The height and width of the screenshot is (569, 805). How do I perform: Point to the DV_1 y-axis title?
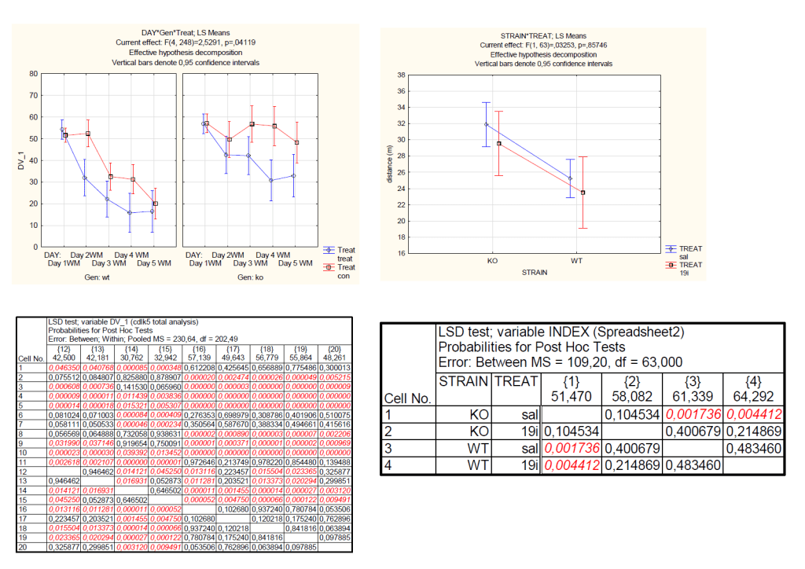(21, 160)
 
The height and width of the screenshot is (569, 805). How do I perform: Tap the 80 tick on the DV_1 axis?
(33, 74)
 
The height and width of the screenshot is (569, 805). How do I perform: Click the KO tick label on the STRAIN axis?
(493, 260)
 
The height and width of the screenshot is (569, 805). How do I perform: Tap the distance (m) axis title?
(389, 164)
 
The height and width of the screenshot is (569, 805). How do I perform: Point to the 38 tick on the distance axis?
(401, 75)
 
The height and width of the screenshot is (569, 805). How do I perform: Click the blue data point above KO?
(487, 124)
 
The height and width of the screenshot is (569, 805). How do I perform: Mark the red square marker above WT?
(583, 193)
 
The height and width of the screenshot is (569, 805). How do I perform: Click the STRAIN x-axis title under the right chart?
(536, 273)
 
